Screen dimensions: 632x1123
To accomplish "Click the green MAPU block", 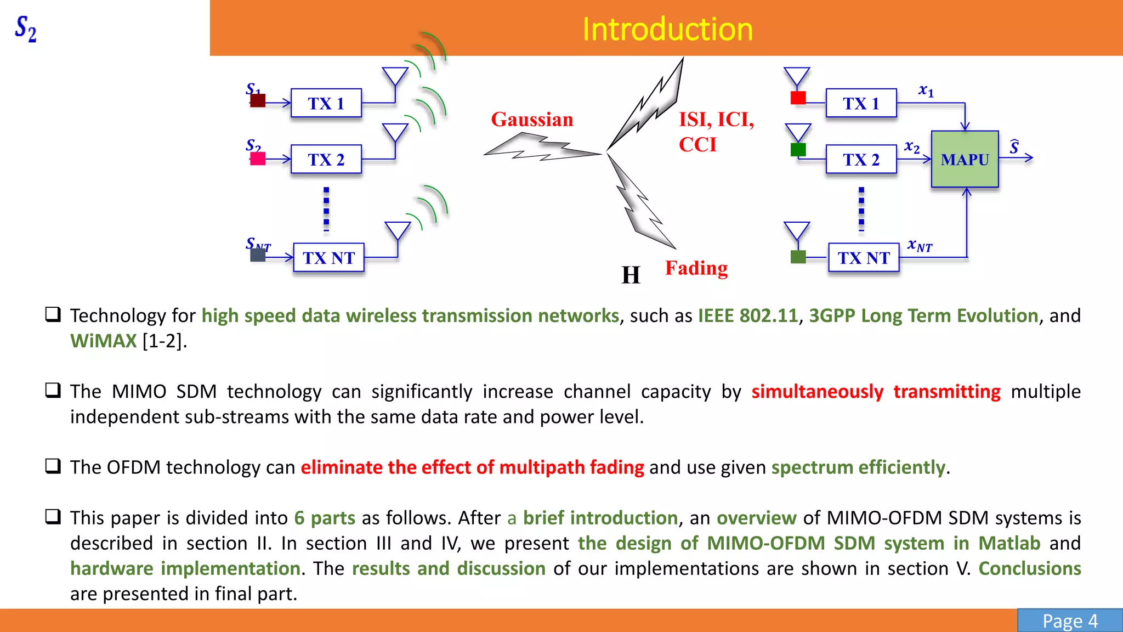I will click(965, 159).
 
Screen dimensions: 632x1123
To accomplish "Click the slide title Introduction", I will click(667, 29).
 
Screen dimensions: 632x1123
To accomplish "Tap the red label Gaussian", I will click(532, 120).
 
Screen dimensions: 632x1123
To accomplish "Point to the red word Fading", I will click(696, 268).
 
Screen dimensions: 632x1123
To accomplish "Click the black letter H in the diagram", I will click(631, 275).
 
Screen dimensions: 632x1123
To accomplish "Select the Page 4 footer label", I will click(1070, 621).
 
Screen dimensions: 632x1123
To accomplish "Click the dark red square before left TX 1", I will click(258, 101).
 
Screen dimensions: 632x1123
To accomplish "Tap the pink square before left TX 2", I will click(258, 159).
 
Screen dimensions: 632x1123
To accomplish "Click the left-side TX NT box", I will click(328, 257).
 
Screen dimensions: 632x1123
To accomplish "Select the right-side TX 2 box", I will click(861, 159).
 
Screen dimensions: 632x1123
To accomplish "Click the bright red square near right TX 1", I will click(798, 98).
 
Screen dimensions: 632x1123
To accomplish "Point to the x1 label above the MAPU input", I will click(926, 91).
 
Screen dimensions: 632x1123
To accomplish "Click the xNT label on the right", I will click(920, 246).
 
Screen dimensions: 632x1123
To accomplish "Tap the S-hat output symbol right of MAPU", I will click(1014, 147).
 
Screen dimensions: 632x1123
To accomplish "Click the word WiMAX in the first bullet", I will click(103, 341).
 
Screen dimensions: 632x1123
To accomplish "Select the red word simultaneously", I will click(817, 392).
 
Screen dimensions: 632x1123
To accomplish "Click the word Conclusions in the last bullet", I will click(1029, 568).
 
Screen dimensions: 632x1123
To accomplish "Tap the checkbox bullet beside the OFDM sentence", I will click(53, 466).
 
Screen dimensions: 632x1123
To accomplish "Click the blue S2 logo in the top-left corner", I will click(26, 29).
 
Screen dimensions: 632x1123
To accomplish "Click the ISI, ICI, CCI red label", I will click(716, 132).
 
